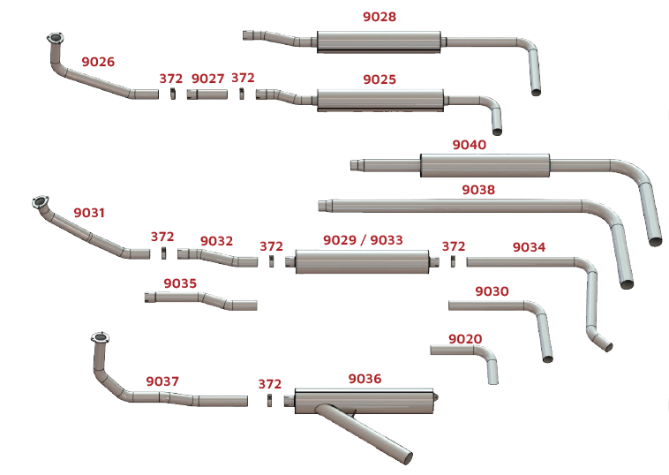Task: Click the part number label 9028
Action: point(380,17)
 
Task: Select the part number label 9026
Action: point(98,62)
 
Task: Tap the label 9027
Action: point(207,79)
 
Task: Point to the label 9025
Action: point(380,79)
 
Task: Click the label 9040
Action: point(470,145)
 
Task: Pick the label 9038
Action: point(478,190)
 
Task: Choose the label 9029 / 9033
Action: point(363,240)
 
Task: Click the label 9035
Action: point(180,283)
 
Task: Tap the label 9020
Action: point(465,339)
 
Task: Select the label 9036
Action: point(365,379)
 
